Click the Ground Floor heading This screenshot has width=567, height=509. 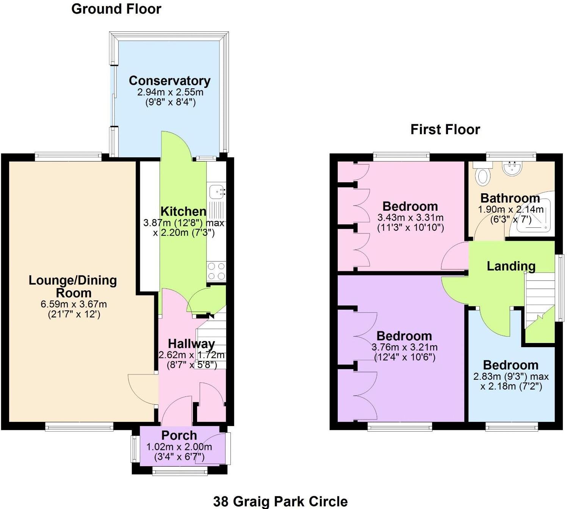click(x=116, y=9)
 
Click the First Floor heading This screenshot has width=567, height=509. click(x=445, y=130)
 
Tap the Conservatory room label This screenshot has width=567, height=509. click(x=169, y=81)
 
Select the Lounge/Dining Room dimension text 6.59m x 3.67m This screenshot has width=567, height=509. click(x=74, y=304)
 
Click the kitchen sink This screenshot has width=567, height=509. click(x=217, y=192)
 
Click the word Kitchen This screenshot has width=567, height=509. click(x=183, y=211)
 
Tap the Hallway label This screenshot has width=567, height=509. click(x=191, y=344)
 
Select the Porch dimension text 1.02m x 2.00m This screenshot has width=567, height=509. click(x=179, y=447)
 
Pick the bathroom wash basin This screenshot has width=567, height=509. click(x=512, y=168)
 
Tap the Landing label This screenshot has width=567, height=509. click(x=511, y=266)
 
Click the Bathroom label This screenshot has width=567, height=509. click(x=510, y=198)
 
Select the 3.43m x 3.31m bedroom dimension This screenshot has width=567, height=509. click(x=410, y=218)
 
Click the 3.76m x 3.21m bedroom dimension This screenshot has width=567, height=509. click(x=404, y=348)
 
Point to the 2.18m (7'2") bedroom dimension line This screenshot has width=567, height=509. click(x=511, y=387)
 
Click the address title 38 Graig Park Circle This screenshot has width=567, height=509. click(x=280, y=501)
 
